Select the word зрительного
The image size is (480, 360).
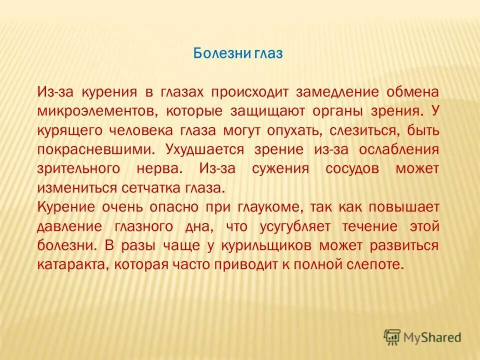pyautogui.click(x=78, y=168)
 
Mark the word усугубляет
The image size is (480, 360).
pyautogui.click(x=295, y=226)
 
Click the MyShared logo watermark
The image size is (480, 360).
pyautogui.click(x=422, y=337)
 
